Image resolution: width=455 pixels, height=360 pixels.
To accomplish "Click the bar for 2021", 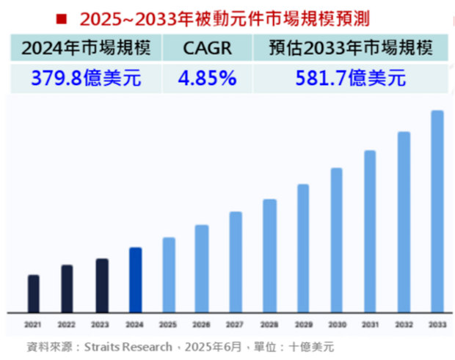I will click(34, 293).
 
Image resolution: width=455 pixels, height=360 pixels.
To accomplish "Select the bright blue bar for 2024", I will click(135, 279).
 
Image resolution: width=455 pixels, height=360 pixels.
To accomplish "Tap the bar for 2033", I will click(437, 211).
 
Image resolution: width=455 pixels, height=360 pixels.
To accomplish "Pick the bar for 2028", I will click(269, 255).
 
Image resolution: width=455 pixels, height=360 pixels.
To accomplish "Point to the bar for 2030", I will click(337, 240).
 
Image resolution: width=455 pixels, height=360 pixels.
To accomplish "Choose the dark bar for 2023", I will click(101, 285).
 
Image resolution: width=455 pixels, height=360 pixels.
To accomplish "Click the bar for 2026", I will click(202, 268).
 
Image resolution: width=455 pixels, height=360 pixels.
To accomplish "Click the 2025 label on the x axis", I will click(168, 324).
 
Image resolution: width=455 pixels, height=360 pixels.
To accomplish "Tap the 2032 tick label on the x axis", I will click(404, 324).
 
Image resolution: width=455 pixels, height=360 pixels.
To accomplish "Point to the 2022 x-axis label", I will click(67, 324).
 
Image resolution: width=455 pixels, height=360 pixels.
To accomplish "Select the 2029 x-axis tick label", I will click(303, 324).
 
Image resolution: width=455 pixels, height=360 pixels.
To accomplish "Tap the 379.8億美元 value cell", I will click(86, 78).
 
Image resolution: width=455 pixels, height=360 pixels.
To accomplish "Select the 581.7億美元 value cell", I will click(351, 78).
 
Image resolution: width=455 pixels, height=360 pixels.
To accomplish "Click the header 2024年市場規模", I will click(86, 50).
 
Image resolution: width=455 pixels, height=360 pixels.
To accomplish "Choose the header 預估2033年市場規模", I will click(351, 50).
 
